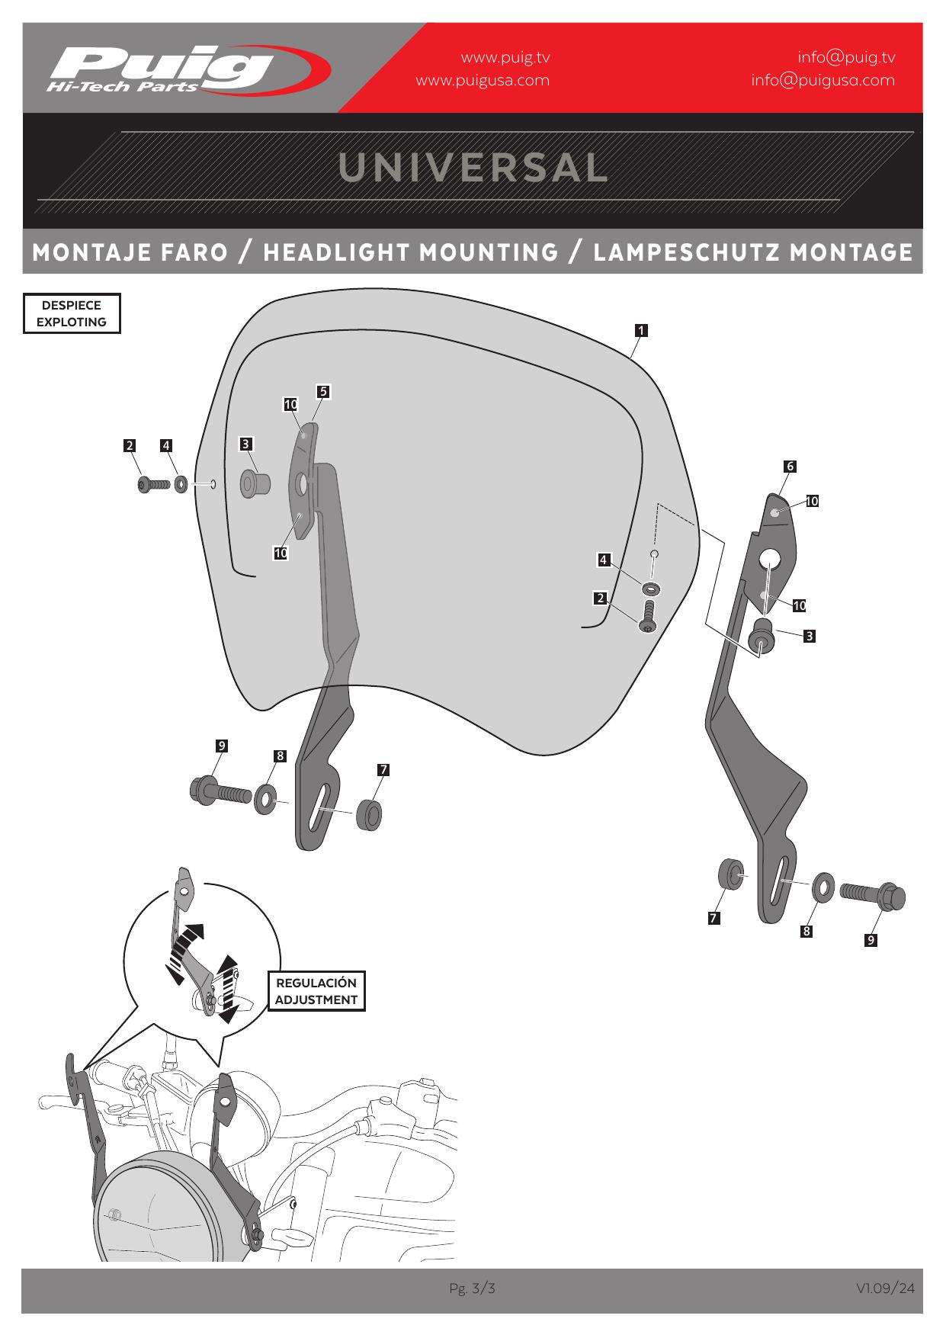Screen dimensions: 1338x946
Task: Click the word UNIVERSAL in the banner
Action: (473, 168)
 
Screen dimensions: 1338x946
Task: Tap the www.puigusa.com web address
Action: (482, 80)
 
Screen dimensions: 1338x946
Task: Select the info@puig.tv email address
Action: (846, 57)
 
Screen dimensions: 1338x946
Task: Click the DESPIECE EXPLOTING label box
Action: (72, 313)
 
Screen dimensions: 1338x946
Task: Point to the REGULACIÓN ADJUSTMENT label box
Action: (316, 991)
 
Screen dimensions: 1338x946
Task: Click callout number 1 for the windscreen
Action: (641, 330)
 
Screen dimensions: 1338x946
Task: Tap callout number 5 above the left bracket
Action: (323, 391)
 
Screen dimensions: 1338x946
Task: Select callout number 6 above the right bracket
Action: (790, 466)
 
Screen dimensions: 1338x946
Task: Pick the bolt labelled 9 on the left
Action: (220, 792)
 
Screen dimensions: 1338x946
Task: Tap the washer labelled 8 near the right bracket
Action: (823, 887)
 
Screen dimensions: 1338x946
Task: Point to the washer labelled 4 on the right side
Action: (651, 589)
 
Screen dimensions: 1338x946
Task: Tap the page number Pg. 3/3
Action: (472, 1288)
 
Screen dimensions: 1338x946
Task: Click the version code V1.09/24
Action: (884, 1288)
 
